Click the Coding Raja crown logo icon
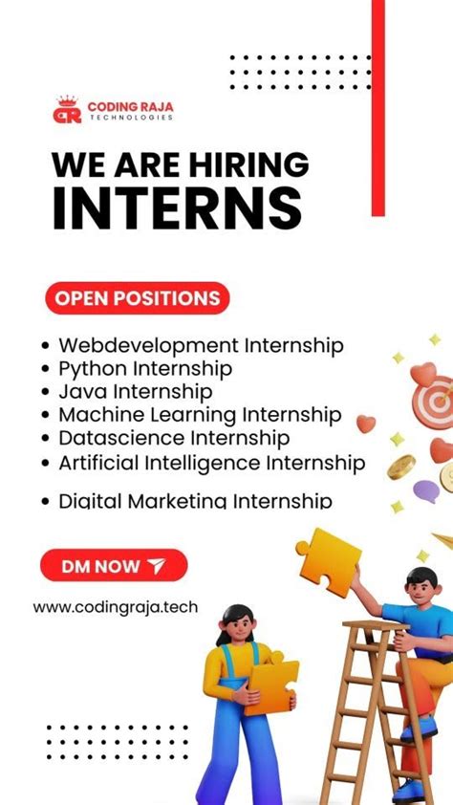[66, 109]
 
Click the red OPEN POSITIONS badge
[137, 298]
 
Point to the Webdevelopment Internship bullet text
[201, 345]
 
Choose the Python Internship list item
[145, 368]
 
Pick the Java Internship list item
[135, 391]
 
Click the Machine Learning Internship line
[200, 415]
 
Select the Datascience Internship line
[174, 438]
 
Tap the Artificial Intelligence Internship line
[211, 463]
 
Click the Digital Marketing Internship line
[195, 500]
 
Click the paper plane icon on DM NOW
[157, 566]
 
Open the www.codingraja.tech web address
[116, 606]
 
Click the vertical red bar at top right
[377, 105]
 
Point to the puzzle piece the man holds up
[329, 561]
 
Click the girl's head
[236, 624]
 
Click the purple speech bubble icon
[426, 491]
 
